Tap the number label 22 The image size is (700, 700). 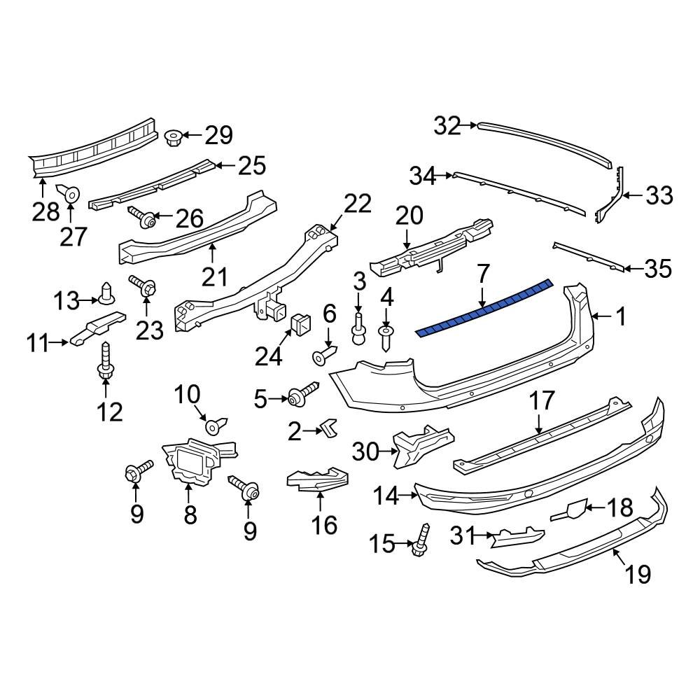(357, 204)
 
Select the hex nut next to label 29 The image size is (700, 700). (174, 136)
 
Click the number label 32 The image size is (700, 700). (447, 126)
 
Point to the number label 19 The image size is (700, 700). (638, 574)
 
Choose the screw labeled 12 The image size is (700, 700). (105, 363)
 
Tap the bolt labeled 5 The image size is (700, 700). (303, 395)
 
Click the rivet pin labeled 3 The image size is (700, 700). (359, 330)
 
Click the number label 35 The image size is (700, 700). (657, 269)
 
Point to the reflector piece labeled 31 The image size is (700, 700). (517, 538)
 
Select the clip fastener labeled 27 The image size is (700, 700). (71, 192)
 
